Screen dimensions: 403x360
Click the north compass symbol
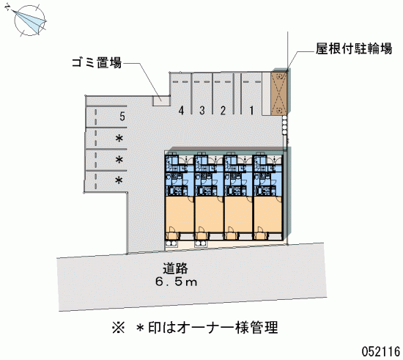[29, 20]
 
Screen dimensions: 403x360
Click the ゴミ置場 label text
[97, 62]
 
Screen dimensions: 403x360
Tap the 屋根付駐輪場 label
[354, 48]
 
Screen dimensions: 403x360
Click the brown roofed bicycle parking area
[279, 94]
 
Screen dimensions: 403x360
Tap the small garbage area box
[161, 100]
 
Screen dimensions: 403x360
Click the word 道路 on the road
[175, 268]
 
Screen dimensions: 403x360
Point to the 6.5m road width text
[177, 282]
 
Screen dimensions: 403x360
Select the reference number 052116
[381, 351]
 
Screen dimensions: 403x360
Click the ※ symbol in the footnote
[118, 328]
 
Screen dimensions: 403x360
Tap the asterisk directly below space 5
[119, 139]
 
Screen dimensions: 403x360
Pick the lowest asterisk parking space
[119, 180]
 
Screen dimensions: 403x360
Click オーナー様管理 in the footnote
[227, 328]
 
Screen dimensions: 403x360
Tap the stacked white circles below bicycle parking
[284, 125]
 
